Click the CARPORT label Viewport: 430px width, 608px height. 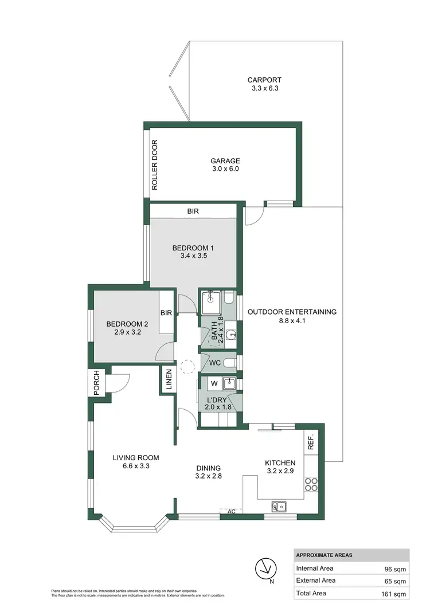[x=264, y=80]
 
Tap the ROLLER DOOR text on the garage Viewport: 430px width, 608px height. [x=154, y=165]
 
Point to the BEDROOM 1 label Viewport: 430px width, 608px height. [x=193, y=248]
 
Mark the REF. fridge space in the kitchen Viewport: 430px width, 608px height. [x=311, y=443]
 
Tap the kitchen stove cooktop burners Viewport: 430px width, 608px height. [x=311, y=484]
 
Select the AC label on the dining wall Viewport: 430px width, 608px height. [x=232, y=511]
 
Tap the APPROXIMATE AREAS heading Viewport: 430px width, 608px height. [x=324, y=555]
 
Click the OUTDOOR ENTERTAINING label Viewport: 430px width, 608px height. [x=292, y=312]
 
